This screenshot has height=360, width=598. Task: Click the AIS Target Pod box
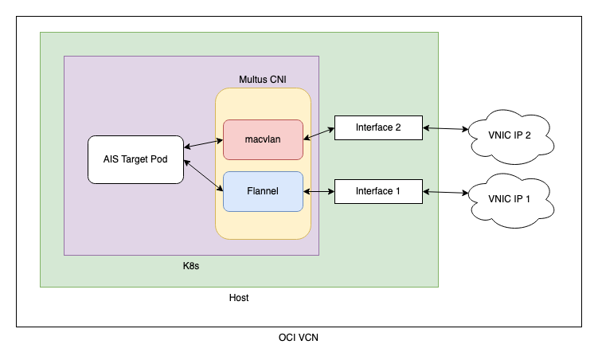(x=135, y=159)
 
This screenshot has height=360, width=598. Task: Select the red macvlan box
(x=263, y=139)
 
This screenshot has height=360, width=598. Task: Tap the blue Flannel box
(x=263, y=191)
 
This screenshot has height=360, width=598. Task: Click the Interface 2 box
(x=378, y=127)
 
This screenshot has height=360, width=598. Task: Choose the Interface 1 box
(x=378, y=191)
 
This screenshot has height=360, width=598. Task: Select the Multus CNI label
(x=263, y=80)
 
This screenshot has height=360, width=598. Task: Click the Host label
(x=239, y=298)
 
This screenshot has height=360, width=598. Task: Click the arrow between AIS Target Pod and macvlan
(x=204, y=144)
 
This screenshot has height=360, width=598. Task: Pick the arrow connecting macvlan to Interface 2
(x=319, y=134)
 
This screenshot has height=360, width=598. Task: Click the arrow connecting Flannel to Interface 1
(x=319, y=191)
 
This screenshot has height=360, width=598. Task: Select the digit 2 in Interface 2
(x=398, y=127)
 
